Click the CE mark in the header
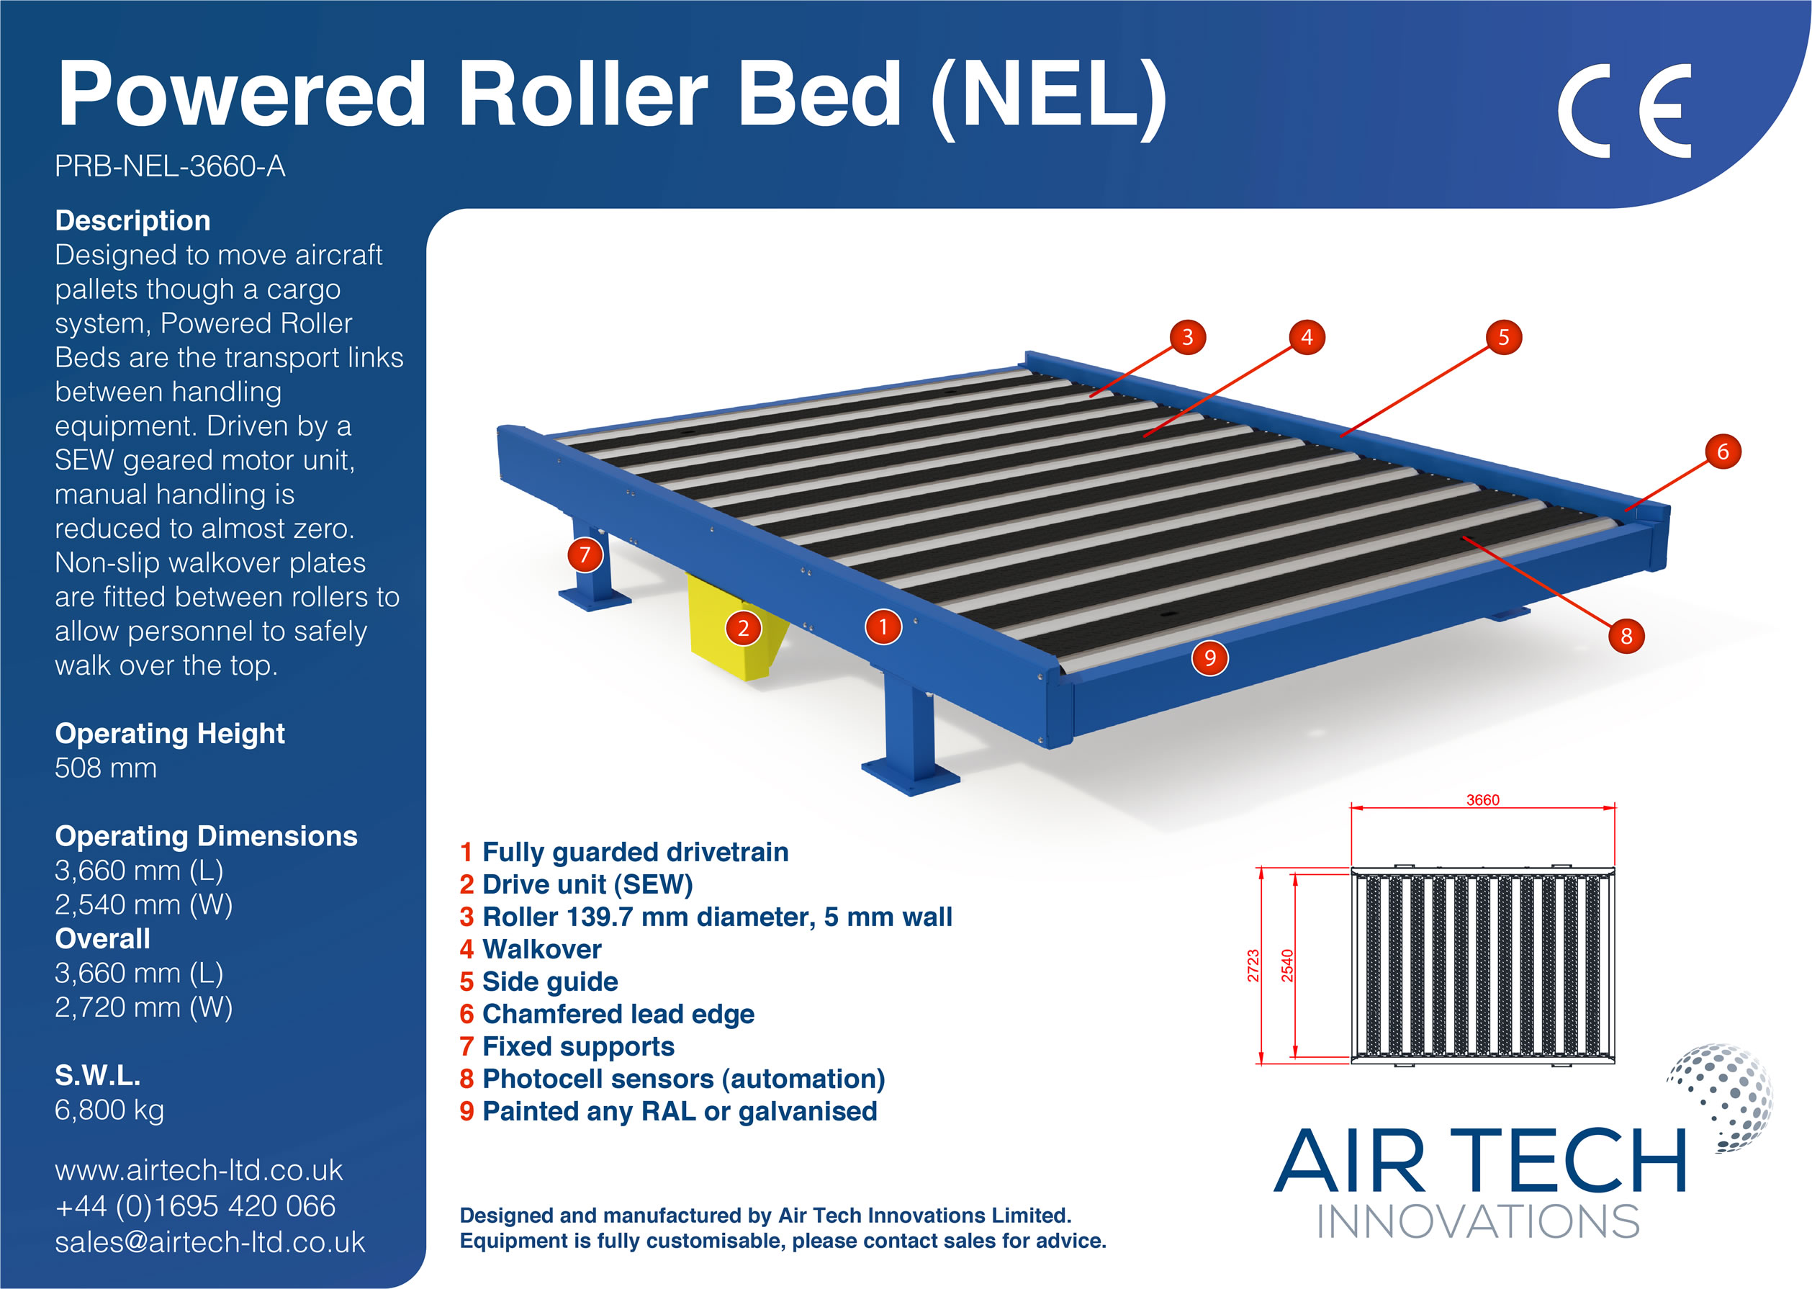click(1623, 110)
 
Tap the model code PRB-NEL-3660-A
click(170, 166)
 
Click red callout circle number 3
click(1187, 337)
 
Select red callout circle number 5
click(1502, 337)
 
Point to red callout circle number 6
click(1722, 452)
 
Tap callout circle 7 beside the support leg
click(585, 554)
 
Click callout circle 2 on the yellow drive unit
click(744, 628)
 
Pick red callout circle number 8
click(1626, 635)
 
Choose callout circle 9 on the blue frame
click(1209, 657)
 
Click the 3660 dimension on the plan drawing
click(1482, 800)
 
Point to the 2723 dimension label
click(1253, 965)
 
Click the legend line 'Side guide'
click(550, 982)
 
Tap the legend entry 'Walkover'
click(542, 949)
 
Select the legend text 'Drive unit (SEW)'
click(587, 884)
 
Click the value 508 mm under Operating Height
click(106, 768)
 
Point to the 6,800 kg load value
click(109, 1110)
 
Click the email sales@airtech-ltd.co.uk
click(209, 1242)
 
